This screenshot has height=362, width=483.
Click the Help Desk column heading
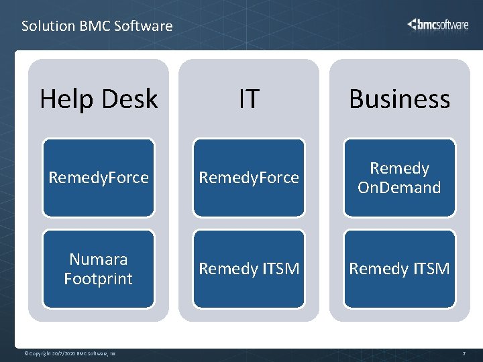[99, 99]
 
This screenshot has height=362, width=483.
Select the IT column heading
[249, 99]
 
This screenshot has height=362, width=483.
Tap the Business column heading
[399, 99]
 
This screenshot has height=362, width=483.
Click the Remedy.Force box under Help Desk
[99, 178]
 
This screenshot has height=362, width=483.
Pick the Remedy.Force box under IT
[249, 178]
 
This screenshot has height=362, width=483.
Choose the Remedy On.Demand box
[399, 178]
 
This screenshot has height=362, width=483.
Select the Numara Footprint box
[99, 269]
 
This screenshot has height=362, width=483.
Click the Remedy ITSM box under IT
[249, 269]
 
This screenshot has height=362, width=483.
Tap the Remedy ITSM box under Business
[399, 269]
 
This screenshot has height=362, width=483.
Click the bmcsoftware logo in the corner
[438, 25]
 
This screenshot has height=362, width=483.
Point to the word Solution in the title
[48, 26]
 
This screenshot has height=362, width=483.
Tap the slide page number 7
[464, 353]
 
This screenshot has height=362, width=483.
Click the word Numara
[99, 259]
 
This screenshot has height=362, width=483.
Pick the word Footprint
[99, 278]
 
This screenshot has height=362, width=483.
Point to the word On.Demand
[399, 187]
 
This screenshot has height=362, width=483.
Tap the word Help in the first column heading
[65, 99]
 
